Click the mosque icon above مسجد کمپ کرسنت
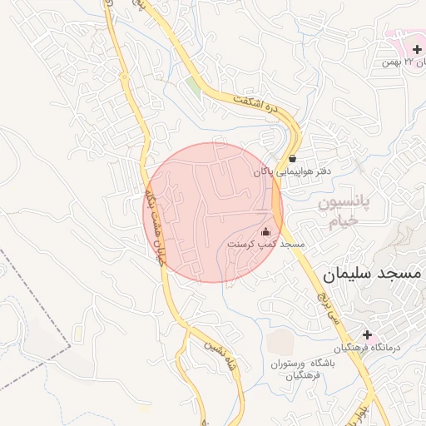click(266, 231)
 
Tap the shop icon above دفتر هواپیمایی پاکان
click(292, 158)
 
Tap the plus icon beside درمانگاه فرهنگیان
click(367, 334)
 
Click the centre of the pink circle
click(213, 212)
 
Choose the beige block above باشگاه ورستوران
click(281, 341)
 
